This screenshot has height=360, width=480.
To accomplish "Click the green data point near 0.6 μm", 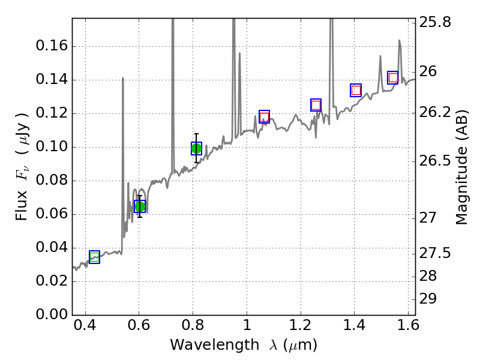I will [x=140, y=206].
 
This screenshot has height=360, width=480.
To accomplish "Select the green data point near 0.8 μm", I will [x=196, y=148].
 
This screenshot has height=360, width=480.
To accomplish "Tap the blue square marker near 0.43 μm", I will [x=94, y=257].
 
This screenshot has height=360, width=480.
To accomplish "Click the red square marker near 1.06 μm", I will [x=264, y=116].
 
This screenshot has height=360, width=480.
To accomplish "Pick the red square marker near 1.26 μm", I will [x=316, y=105].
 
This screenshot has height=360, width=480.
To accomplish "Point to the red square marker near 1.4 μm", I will [x=356, y=90].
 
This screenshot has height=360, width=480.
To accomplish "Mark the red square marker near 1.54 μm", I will [x=393, y=78].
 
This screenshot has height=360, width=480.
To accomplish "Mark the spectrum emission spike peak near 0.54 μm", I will [x=123, y=79].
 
